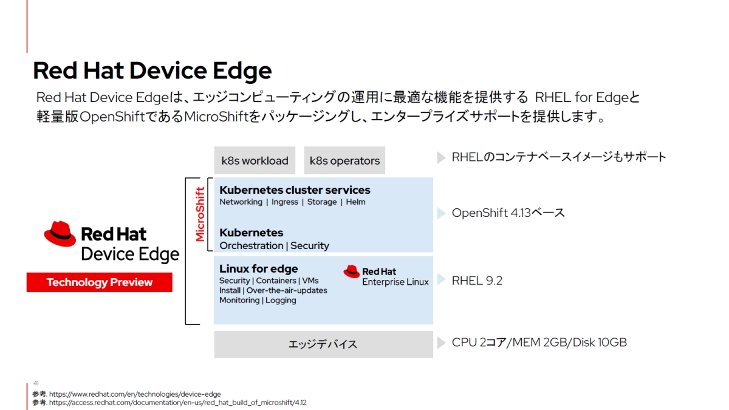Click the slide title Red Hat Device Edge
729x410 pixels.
(152, 71)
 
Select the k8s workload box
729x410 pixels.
(255, 161)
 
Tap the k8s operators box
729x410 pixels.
(344, 161)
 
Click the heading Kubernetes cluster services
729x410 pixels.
(295, 190)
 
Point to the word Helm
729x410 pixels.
(355, 202)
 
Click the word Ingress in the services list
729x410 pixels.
(285, 202)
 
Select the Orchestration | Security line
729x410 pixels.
(274, 245)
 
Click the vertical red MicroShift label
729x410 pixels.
(200, 214)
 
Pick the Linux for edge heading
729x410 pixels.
(258, 268)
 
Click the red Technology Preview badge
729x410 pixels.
(100, 282)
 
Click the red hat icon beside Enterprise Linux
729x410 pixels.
(352, 272)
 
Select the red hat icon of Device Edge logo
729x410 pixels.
(60, 234)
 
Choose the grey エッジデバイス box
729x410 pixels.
(323, 344)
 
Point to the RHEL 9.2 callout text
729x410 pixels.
(477, 281)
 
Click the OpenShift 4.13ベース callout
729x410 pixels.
(508, 213)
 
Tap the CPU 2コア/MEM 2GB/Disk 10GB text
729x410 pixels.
(539, 343)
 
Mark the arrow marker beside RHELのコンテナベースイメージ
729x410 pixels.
(442, 158)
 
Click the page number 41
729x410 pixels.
(36, 383)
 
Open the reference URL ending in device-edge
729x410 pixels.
(135, 394)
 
